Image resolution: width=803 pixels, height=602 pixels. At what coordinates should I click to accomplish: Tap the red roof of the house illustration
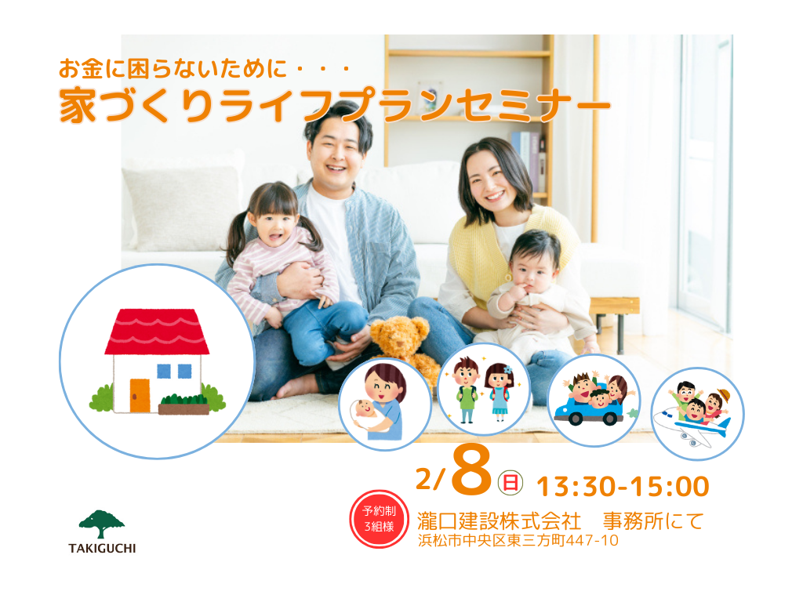[x=157, y=332]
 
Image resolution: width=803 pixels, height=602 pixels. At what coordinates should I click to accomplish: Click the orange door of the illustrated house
[x=140, y=395]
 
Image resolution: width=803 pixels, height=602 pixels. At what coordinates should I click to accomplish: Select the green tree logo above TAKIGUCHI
[x=101, y=524]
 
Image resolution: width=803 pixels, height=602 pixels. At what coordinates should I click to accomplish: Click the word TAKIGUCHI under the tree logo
[x=103, y=548]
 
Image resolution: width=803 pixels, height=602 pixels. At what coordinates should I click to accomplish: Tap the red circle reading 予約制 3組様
[x=379, y=519]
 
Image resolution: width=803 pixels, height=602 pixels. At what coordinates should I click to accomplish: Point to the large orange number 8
[x=471, y=471]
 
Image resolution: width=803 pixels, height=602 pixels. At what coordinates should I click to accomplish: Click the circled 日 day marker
[x=510, y=483]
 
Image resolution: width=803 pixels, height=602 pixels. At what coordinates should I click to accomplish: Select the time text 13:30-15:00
[x=623, y=486]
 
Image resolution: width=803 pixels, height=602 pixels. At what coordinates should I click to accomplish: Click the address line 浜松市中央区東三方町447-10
[x=518, y=541]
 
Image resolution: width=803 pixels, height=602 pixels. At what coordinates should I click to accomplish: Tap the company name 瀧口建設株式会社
[x=499, y=521]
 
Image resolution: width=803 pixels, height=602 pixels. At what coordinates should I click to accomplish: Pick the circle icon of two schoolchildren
[x=484, y=390]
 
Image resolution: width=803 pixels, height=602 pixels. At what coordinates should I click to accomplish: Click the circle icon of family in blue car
[x=594, y=401]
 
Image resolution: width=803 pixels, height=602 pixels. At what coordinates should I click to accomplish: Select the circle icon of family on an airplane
[x=697, y=414]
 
